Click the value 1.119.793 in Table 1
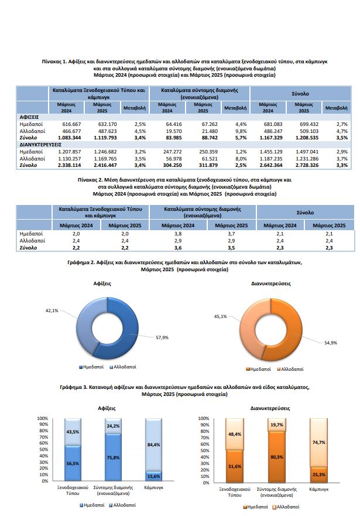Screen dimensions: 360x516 [105, 138]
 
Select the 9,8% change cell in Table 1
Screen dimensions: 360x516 [241, 131]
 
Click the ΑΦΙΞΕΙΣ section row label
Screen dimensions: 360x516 [29, 117]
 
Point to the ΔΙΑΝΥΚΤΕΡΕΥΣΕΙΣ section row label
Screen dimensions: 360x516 [40, 145]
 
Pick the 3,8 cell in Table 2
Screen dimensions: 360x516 [178, 234]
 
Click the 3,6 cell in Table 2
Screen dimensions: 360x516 [178, 248]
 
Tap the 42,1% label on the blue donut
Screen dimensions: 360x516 [52, 310]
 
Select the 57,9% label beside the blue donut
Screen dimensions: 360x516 [162, 337]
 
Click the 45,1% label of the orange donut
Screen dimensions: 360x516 [221, 316]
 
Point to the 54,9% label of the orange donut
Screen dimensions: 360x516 [331, 343]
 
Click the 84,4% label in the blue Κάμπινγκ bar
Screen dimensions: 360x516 [154, 445]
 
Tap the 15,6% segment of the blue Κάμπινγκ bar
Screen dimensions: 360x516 [153, 476]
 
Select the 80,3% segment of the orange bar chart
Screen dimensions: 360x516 [277, 457]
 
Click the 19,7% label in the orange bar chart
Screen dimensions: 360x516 [277, 425]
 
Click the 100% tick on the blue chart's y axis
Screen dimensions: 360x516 [42, 418]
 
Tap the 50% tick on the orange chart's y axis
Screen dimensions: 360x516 [205, 450]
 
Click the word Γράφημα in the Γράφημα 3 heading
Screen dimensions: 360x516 [71, 387]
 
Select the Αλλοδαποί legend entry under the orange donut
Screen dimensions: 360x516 [290, 369]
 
